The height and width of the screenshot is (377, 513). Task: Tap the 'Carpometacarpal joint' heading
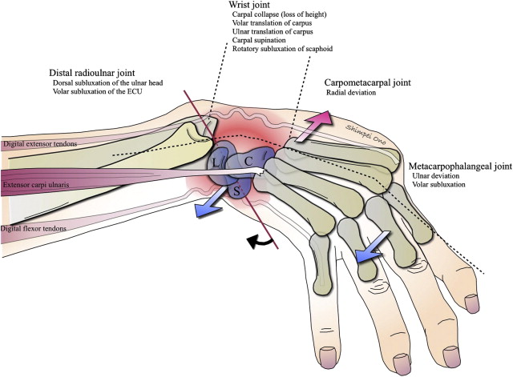(x=368, y=82)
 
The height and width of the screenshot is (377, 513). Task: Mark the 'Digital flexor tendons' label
(x=34, y=228)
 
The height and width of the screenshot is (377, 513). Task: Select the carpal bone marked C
(x=249, y=161)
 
